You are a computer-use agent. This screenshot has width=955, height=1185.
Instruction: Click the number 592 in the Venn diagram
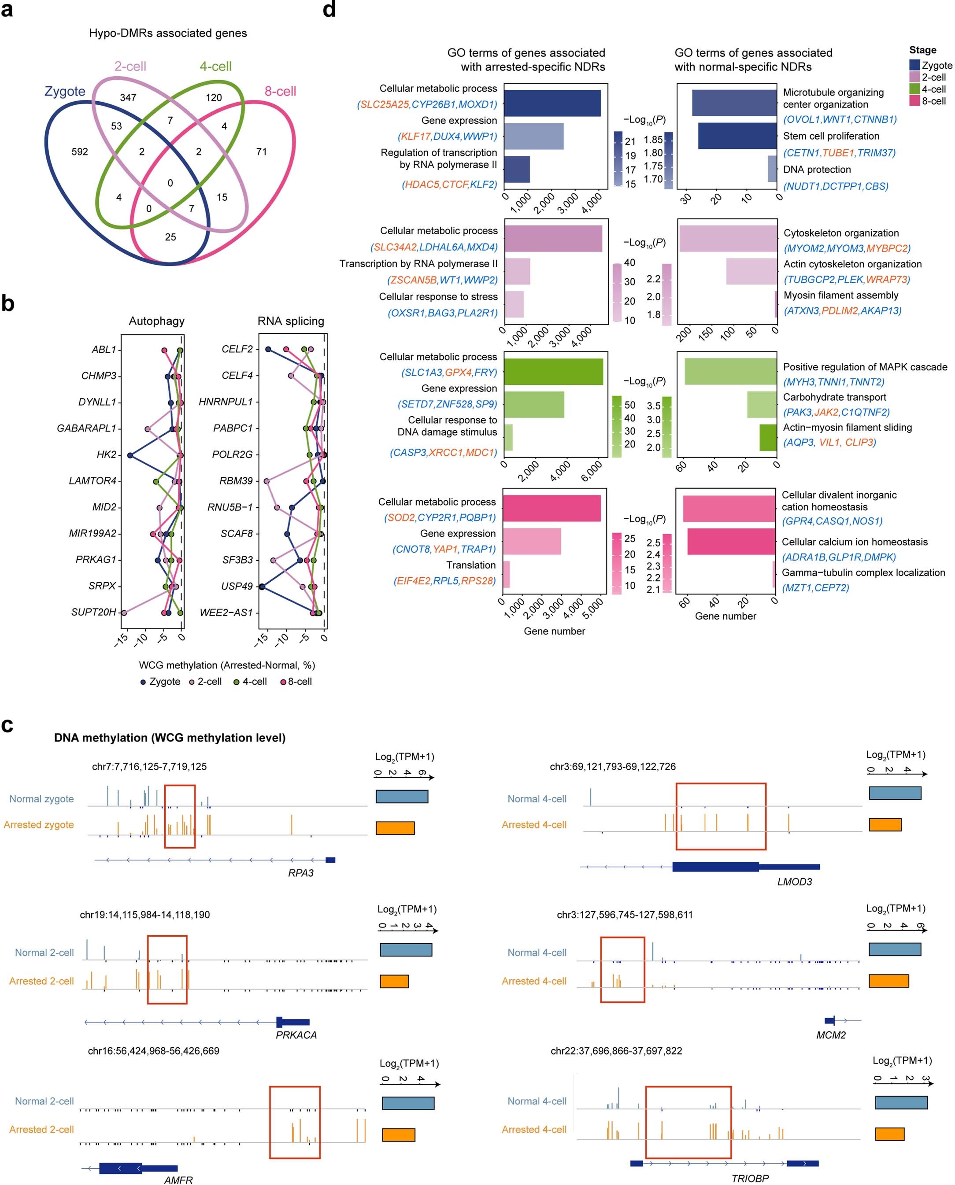point(80,152)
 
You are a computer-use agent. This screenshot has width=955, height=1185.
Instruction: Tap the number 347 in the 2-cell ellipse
point(128,98)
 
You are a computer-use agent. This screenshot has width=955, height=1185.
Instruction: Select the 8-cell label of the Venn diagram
point(280,91)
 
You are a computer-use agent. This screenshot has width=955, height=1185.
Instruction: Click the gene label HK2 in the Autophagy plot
point(106,455)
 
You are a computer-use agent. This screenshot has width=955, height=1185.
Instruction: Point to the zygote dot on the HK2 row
point(130,455)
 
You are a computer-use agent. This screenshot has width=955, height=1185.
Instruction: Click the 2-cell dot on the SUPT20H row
point(124,613)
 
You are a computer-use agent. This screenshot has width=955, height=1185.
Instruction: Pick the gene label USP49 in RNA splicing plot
point(237,586)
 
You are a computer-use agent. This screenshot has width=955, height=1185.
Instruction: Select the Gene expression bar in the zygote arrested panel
point(533,137)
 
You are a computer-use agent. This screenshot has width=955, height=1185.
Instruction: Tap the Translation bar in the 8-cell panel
point(507,575)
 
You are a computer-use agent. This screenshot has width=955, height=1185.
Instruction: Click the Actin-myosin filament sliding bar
point(768,438)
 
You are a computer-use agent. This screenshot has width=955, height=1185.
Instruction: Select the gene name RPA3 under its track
point(300,873)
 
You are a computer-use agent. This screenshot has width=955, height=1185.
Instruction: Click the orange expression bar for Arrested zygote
point(395,828)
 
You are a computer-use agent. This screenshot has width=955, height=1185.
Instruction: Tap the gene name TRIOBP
point(750,1178)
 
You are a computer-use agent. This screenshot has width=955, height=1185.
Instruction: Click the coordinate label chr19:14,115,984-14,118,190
point(144,915)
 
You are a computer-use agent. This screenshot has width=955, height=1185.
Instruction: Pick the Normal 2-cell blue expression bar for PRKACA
point(406,950)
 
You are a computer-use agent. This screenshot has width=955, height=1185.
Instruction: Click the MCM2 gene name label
point(831,1035)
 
